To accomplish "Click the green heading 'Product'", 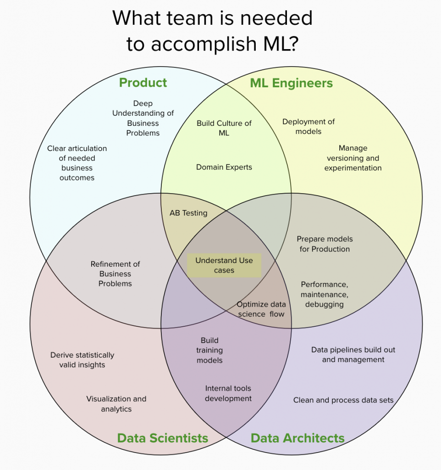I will (x=143, y=83).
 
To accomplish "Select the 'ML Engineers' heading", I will (x=291, y=83).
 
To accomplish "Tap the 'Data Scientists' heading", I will (x=163, y=438).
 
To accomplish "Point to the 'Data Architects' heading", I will (x=298, y=438).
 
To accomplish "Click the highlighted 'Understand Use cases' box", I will (x=224, y=265).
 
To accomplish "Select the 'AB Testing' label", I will (x=188, y=213).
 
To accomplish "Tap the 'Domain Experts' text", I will (x=224, y=167).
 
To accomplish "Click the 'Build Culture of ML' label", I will (x=224, y=128).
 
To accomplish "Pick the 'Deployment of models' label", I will (x=309, y=126).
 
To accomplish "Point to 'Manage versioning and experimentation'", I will (x=353, y=158).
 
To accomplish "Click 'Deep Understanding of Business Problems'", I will (x=143, y=118).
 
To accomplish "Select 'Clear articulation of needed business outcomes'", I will (x=77, y=163).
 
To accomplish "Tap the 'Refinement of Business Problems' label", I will (x=116, y=274).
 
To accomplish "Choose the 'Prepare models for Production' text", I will (x=325, y=244).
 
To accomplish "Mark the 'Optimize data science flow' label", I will (x=261, y=309).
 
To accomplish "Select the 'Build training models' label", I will (x=209, y=350).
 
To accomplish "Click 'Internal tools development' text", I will (x=228, y=393).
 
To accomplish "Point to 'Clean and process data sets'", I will (x=343, y=400).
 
